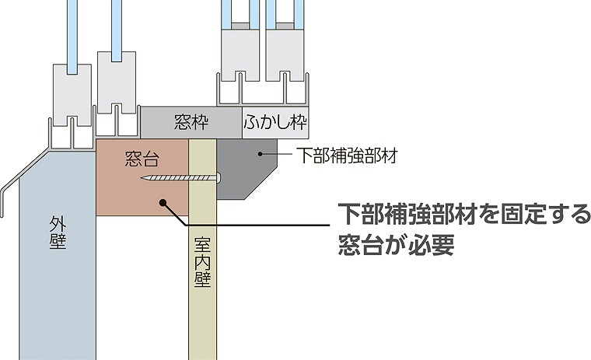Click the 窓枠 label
(x=191, y=122)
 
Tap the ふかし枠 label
(x=275, y=122)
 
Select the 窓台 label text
(x=142, y=159)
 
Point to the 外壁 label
(x=58, y=233)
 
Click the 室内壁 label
(x=202, y=262)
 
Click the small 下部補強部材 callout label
(x=347, y=155)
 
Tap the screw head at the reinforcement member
(x=219, y=177)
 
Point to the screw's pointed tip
(x=142, y=177)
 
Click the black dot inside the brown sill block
(x=163, y=203)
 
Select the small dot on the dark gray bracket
(x=260, y=153)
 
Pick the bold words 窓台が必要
(x=396, y=245)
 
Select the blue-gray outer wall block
(x=58, y=256)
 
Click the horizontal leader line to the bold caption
(x=258, y=225)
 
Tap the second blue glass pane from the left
(x=117, y=30)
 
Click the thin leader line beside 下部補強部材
(x=277, y=154)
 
